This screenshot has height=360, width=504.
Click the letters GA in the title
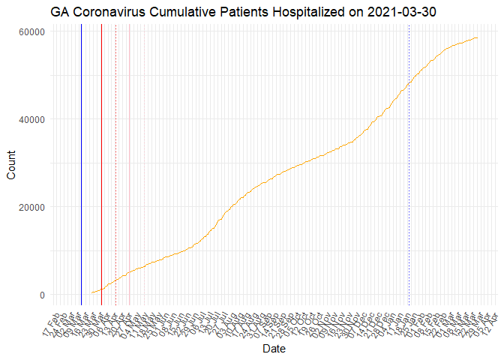[61, 12]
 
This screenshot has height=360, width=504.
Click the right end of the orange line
[478, 37]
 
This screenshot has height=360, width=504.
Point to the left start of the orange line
[91, 293]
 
